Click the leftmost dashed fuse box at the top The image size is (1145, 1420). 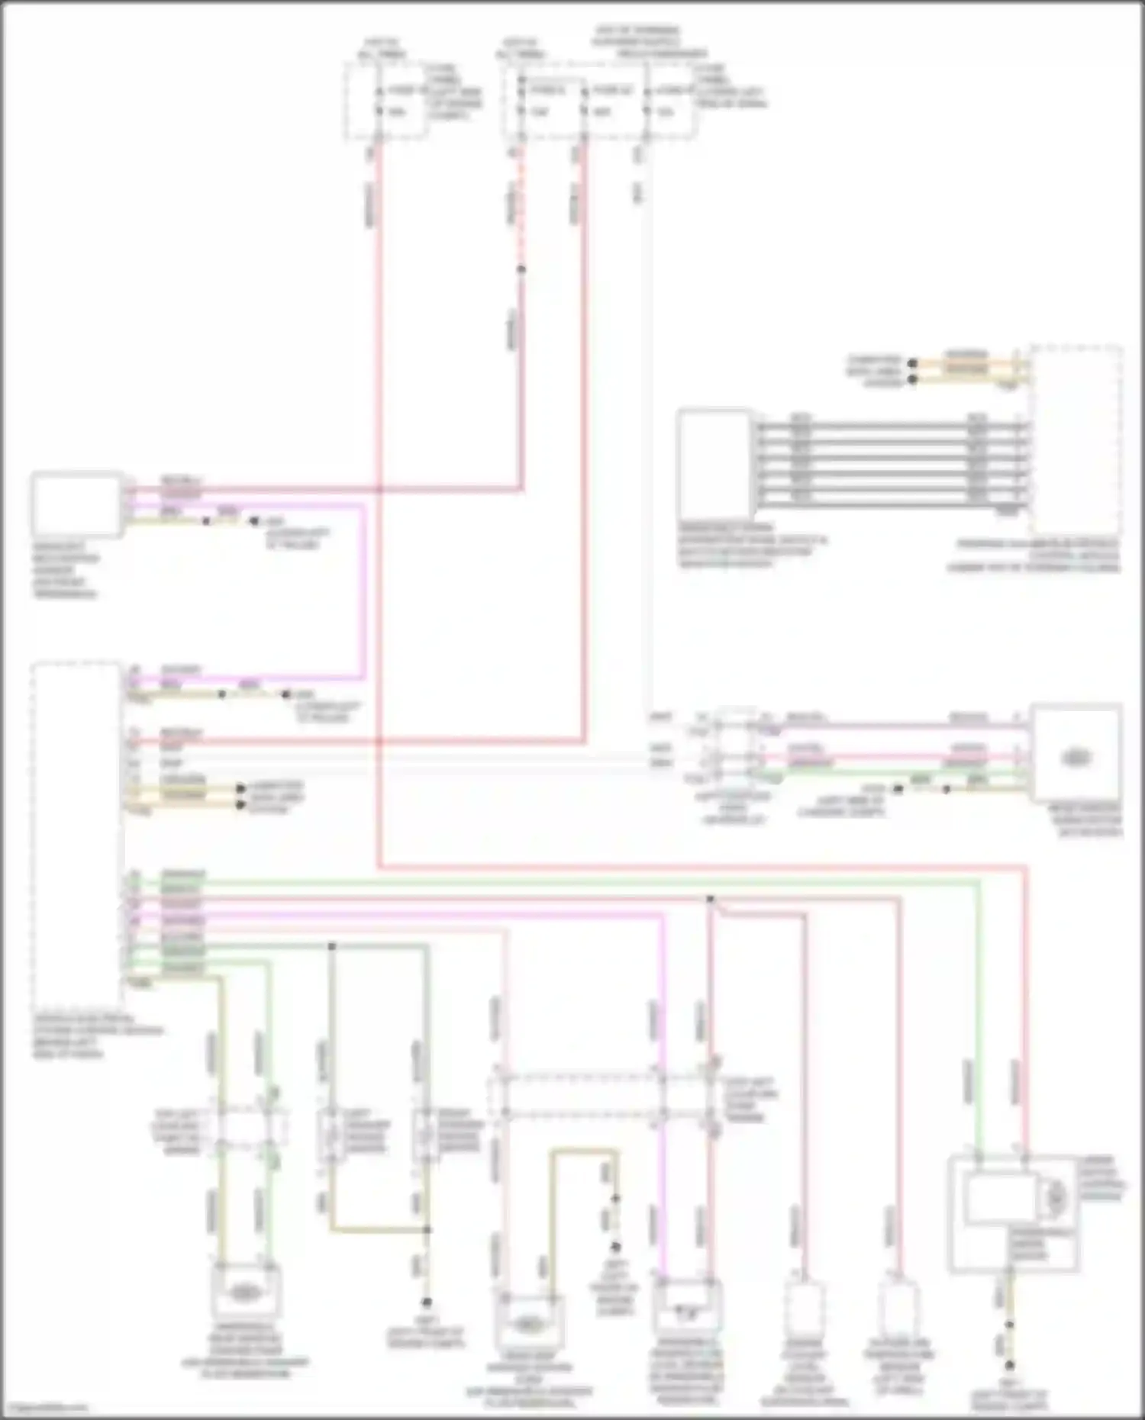[x=385, y=101]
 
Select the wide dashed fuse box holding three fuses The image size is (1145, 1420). [x=598, y=101]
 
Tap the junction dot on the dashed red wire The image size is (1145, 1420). [x=521, y=269]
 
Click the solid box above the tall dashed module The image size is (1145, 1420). [x=76, y=504]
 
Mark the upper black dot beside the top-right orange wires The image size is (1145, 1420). [x=912, y=363]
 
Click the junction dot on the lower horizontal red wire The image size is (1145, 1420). [x=710, y=900]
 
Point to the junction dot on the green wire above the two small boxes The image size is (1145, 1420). [x=332, y=946]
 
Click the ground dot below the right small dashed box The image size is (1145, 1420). [x=427, y=1302]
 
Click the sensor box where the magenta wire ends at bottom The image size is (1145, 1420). [x=688, y=1309]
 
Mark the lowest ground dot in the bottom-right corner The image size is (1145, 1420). [x=1009, y=1364]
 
